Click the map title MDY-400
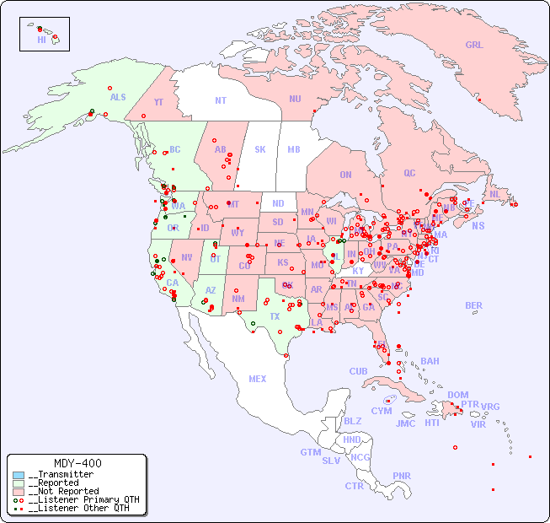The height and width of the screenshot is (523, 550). [x=77, y=463]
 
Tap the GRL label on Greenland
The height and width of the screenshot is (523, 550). [x=474, y=46]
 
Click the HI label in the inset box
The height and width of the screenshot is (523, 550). [x=41, y=39]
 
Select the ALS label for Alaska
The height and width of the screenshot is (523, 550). [x=118, y=97]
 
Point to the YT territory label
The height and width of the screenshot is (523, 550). [x=158, y=102]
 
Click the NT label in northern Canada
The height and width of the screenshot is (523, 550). [x=220, y=100]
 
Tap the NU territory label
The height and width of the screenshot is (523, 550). [x=295, y=99]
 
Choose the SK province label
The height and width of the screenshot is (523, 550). [x=260, y=149]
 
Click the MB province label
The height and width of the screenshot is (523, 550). [x=293, y=149]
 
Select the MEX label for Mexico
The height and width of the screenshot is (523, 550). [x=258, y=379]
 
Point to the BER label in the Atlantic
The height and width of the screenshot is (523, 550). [x=473, y=305]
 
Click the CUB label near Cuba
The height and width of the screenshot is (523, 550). [x=358, y=371]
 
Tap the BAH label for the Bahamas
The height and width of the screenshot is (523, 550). [x=430, y=361]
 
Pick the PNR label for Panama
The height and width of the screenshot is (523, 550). [x=402, y=476]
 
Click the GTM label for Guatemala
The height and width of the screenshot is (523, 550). [x=310, y=452]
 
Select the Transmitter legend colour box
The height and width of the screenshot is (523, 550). [x=19, y=475]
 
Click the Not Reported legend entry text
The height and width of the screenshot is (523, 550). [x=64, y=491]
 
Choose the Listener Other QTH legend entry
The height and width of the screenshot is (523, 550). [x=75, y=508]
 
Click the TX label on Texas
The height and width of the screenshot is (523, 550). [x=275, y=316]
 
